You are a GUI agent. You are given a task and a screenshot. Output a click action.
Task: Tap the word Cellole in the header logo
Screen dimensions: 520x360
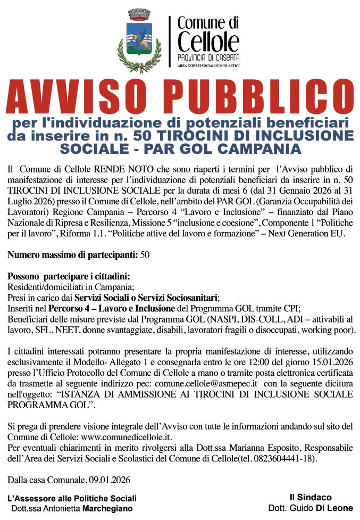click(208, 41)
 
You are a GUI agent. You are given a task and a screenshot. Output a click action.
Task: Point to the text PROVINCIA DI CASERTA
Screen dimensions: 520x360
click(208, 57)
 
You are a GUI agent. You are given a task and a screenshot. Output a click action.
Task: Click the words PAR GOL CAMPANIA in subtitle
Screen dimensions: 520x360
click(241, 147)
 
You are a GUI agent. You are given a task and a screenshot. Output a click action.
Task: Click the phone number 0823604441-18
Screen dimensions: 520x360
click(291, 458)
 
